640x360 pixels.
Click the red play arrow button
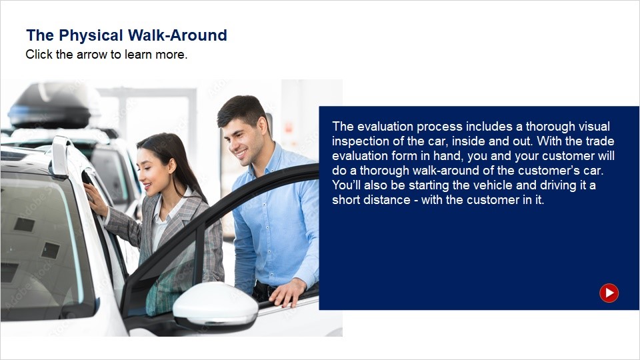point(609,293)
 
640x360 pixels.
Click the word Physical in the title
point(91,35)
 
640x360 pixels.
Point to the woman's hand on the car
point(95,199)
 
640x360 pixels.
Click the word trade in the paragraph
point(600,141)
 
